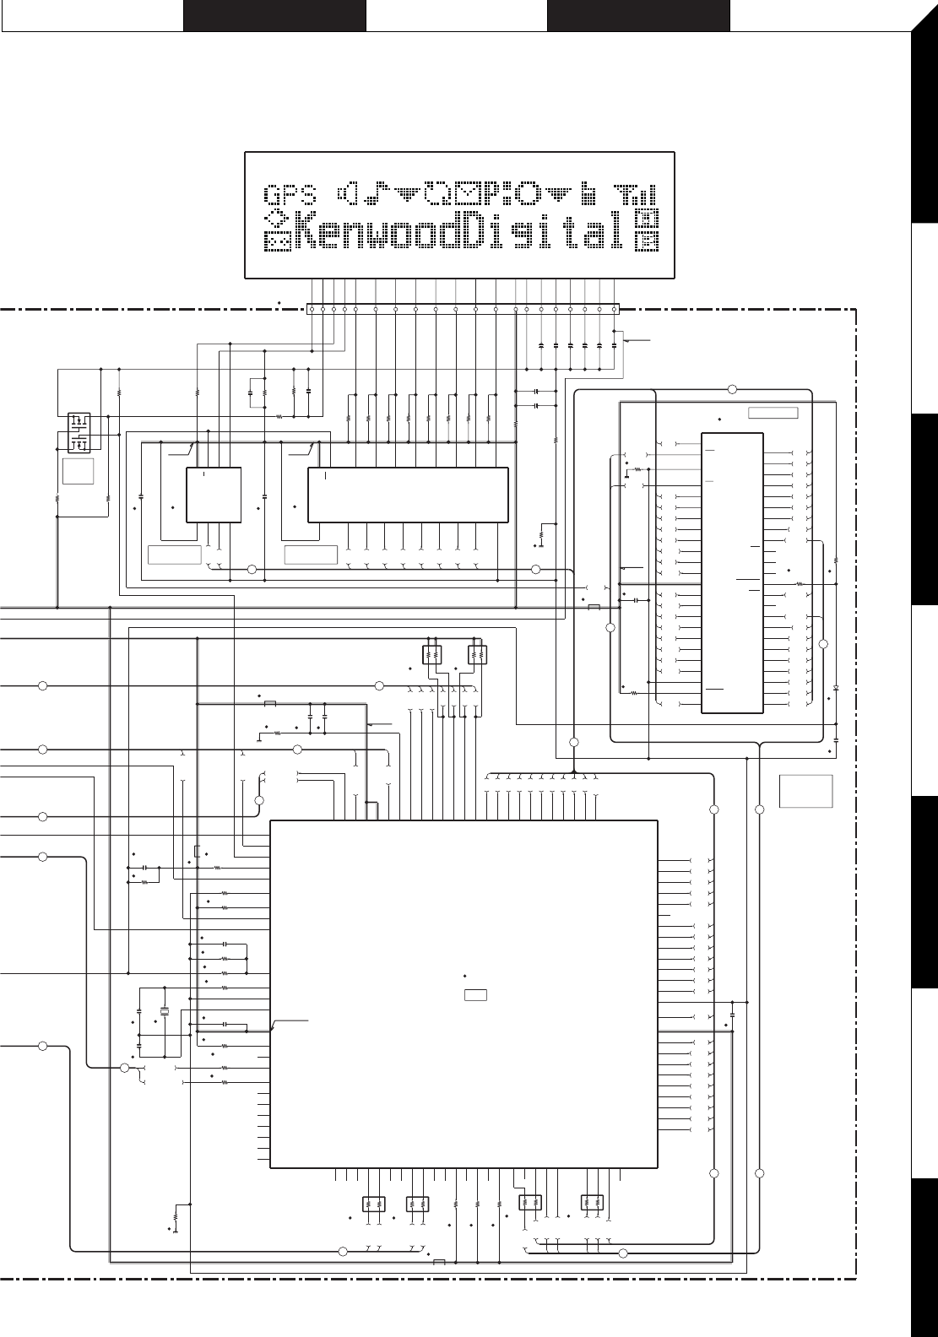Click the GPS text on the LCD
pos(291,197)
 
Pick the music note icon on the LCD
pos(375,194)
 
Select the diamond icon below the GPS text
pos(275,219)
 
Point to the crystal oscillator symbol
pos(165,1012)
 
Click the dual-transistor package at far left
pos(79,431)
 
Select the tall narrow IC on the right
pos(732,572)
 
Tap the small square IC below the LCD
pos(213,494)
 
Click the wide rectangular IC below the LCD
pos(408,494)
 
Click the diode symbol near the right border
pos(835,687)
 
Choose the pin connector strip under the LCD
pos(462,309)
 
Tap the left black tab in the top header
pos(274,16)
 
